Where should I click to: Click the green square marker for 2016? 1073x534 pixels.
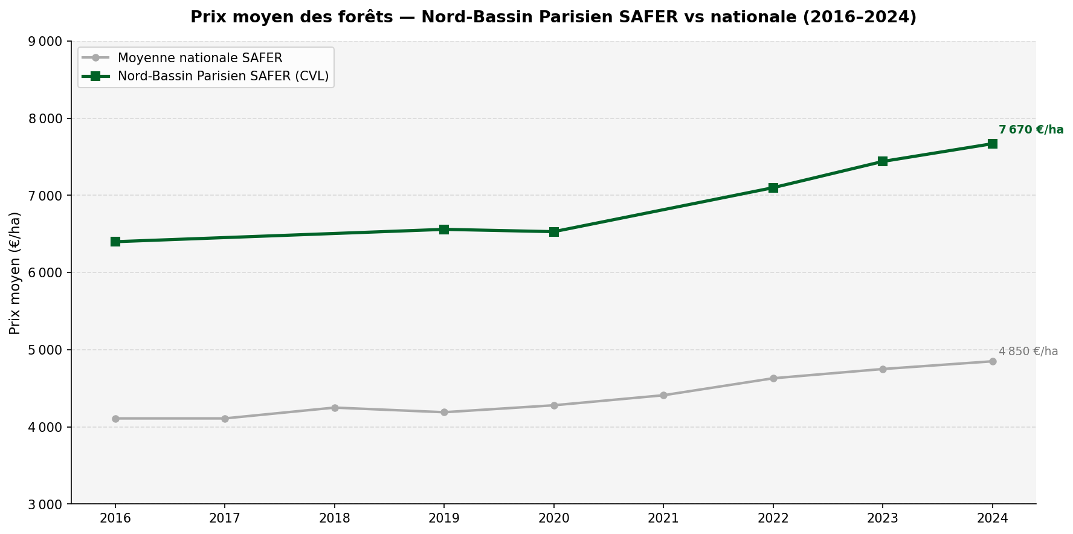[115, 242]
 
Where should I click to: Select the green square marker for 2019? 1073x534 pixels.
[444, 230]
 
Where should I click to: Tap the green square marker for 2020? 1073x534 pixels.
[554, 232]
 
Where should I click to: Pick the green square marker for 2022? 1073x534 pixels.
[773, 188]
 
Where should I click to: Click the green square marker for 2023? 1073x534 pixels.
[883, 161]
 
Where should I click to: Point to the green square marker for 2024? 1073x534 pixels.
[993, 144]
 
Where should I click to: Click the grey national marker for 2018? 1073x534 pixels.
[335, 408]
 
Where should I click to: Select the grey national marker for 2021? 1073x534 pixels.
[663, 396]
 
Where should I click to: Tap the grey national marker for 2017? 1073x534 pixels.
[225, 419]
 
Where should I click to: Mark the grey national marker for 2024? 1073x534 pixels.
[993, 362]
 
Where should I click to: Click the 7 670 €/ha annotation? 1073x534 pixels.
[1031, 130]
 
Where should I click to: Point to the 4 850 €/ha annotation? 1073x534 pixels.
[1028, 352]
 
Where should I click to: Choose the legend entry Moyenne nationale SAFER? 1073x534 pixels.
[200, 58]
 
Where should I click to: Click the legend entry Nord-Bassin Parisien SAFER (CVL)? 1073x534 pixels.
[223, 76]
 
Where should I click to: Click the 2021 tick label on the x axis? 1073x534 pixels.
[663, 518]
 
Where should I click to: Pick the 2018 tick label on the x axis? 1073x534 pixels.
[335, 518]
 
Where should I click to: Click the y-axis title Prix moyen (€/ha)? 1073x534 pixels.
[15, 273]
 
